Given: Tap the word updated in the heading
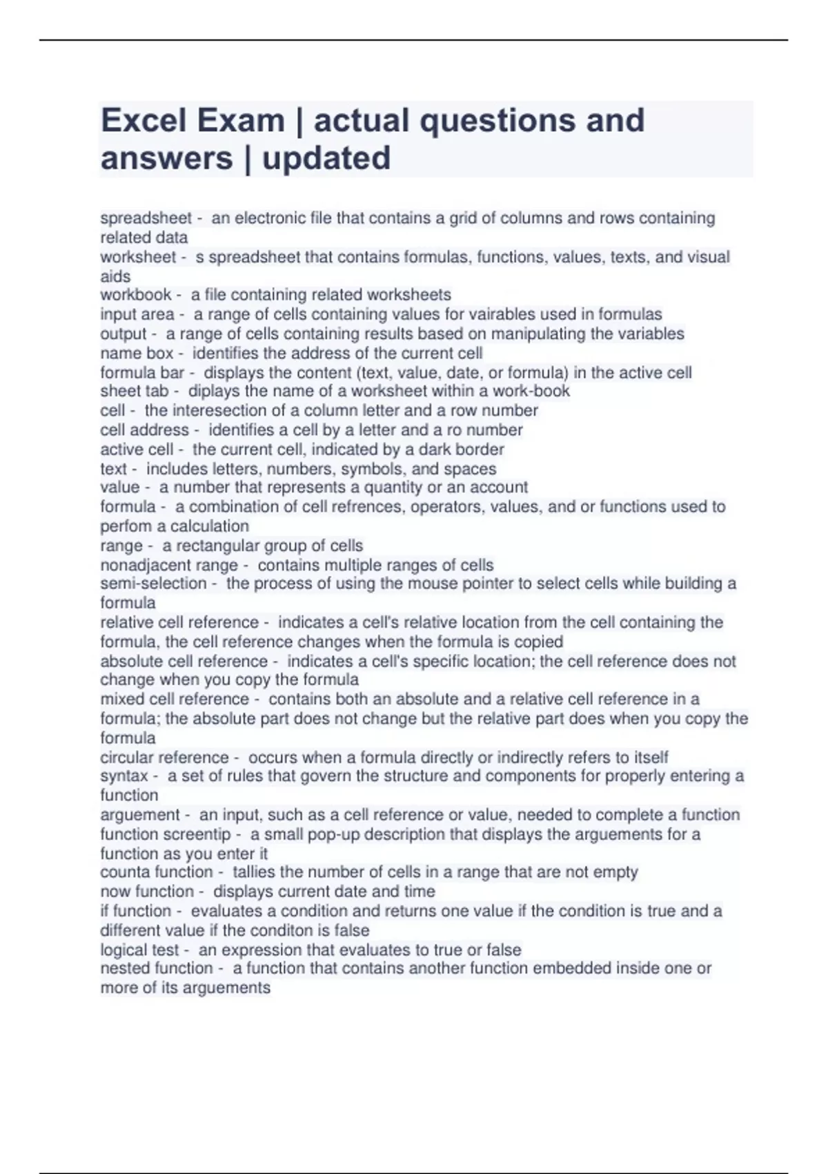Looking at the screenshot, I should tap(326, 158).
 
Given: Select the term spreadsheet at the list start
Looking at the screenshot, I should tap(146, 218).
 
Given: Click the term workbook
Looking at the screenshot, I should tap(136, 295).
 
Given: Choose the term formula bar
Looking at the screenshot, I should tap(143, 373).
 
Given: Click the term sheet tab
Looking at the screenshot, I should tap(135, 392).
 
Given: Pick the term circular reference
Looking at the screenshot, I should tap(164, 758).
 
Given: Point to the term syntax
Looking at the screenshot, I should tap(124, 776).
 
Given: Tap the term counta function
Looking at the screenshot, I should tap(157, 872).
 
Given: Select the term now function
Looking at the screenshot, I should tap(147, 892).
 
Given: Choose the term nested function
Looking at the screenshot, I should tap(157, 968).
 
